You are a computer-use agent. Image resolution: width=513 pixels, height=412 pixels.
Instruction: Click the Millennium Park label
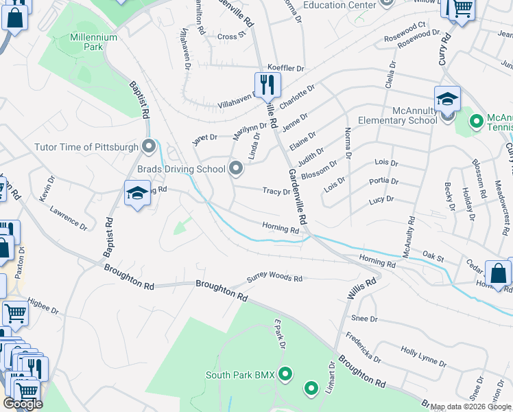(x=93, y=42)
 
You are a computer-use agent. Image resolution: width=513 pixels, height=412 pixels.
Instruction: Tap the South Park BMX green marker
(x=285, y=374)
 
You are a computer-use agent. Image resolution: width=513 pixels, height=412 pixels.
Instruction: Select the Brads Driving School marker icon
(x=237, y=168)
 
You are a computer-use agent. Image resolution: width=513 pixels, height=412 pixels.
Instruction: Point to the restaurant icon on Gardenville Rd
(x=268, y=85)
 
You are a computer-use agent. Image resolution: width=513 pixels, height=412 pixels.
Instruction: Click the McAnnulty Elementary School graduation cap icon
(x=446, y=98)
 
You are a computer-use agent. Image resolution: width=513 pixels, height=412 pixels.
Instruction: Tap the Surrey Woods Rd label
(x=274, y=279)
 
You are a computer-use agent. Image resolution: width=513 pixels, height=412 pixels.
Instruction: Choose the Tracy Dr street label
(x=276, y=192)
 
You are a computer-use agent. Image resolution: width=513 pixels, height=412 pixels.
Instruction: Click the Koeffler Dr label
(x=286, y=69)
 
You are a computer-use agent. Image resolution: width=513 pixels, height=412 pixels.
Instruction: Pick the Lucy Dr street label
(x=381, y=199)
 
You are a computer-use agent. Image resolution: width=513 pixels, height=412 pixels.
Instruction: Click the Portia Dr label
(x=383, y=181)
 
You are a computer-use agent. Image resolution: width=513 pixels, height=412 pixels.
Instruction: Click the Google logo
(x=23, y=404)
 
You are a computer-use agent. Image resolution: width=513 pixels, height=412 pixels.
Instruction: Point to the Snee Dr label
(x=364, y=319)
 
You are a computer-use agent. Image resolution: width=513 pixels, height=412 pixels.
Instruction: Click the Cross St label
(x=231, y=36)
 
